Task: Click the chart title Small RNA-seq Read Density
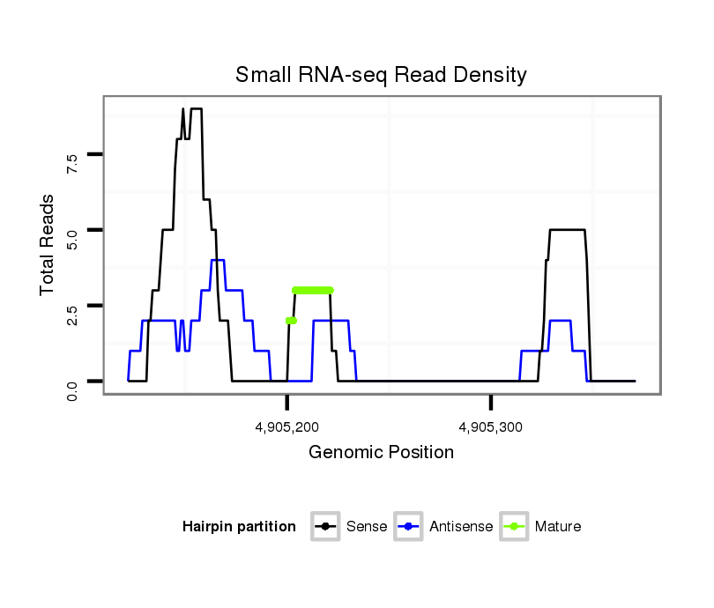click(381, 75)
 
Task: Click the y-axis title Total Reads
click(49, 245)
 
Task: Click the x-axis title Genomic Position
click(381, 453)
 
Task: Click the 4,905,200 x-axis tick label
click(287, 427)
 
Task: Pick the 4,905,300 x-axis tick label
click(491, 427)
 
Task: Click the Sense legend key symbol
click(326, 527)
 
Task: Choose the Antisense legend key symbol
click(410, 527)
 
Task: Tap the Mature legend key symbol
click(514, 527)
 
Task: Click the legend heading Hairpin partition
click(239, 527)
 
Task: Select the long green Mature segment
click(313, 290)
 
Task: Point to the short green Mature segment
click(291, 321)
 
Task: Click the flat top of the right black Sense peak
click(567, 230)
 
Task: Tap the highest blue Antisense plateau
click(218, 260)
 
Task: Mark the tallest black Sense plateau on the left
click(196, 108)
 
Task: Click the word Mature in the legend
click(558, 527)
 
